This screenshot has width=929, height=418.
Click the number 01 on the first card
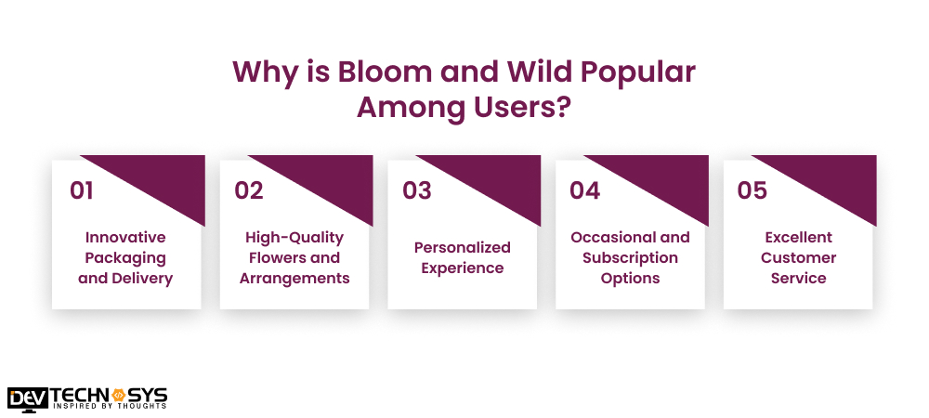(82, 190)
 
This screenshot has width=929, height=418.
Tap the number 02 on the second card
(249, 190)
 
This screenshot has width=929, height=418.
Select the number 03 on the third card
(417, 190)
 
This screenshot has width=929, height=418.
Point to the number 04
(584, 190)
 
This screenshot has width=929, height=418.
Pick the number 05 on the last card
(752, 190)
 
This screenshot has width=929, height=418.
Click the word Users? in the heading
(517, 108)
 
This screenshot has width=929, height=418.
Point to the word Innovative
(125, 238)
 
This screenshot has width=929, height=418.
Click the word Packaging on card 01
(125, 259)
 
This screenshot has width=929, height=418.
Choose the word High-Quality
(294, 238)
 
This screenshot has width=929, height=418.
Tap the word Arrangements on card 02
(294, 279)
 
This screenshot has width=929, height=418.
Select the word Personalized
(462, 247)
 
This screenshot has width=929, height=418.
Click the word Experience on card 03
(462, 268)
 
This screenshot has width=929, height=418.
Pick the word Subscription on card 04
(631, 259)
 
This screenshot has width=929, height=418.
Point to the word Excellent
(799, 238)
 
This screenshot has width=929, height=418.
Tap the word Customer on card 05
(799, 258)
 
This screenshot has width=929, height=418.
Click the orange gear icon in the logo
(117, 396)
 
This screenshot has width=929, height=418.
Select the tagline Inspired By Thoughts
(111, 406)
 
